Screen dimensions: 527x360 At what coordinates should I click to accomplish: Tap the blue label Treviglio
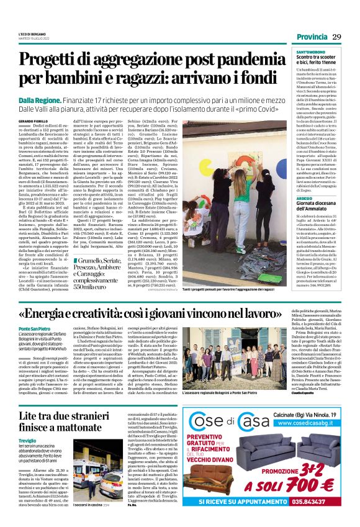pyautogui.click(x=28, y=457)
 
